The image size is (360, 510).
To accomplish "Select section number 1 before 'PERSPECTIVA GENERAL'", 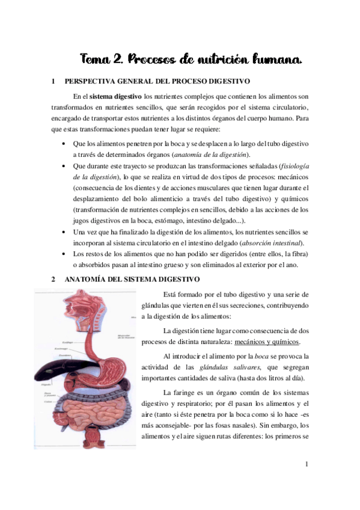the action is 53,81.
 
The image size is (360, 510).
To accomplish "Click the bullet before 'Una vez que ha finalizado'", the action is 64,232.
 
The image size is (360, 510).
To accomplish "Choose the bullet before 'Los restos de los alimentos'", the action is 64,254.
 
